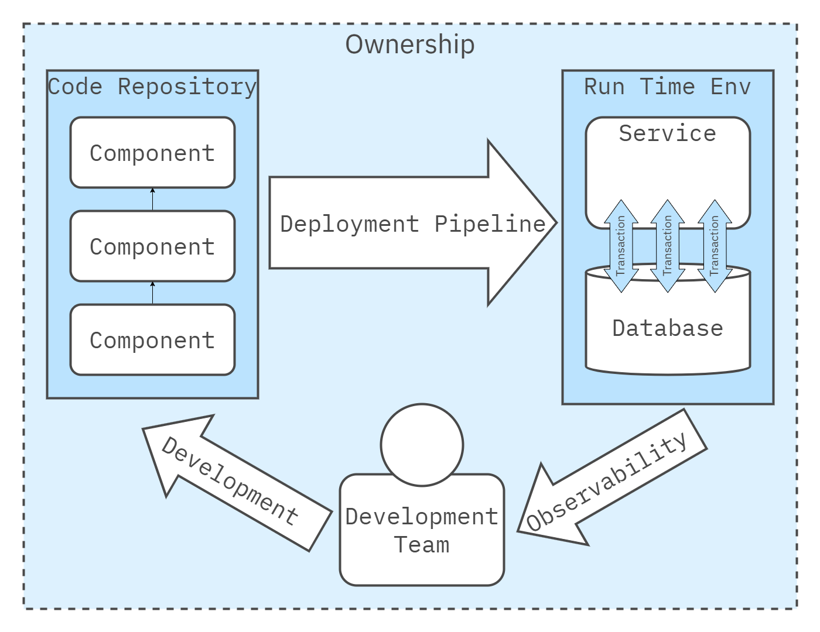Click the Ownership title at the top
coord(409,44)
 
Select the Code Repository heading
coord(152,87)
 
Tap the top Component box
coord(152,153)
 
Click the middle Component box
coord(152,246)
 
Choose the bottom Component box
coord(152,340)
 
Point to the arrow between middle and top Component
coord(152,200)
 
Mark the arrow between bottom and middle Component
coord(152,293)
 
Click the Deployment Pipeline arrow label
coord(412,224)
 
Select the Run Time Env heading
coord(667,87)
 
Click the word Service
coord(667,133)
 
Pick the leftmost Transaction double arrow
coord(621,246)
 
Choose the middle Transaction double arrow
coord(667,246)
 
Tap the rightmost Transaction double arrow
coord(714,246)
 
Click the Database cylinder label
coord(667,328)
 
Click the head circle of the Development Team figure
coord(422,445)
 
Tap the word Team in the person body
coord(422,545)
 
